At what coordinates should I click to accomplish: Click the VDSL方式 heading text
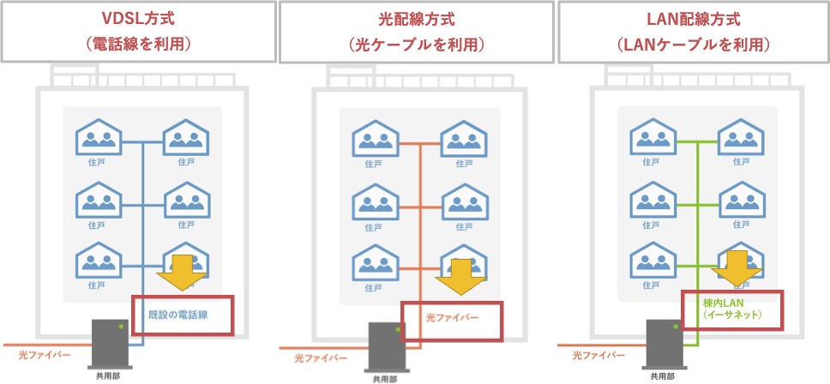(137, 20)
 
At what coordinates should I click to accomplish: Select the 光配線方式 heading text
(416, 20)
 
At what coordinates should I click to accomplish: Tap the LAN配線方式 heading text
(693, 20)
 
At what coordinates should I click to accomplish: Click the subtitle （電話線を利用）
(137, 44)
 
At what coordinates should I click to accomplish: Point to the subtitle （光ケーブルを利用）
(416, 44)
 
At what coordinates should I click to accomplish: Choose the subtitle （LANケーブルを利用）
(693, 44)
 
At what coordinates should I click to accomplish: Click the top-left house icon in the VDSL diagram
(99, 137)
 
